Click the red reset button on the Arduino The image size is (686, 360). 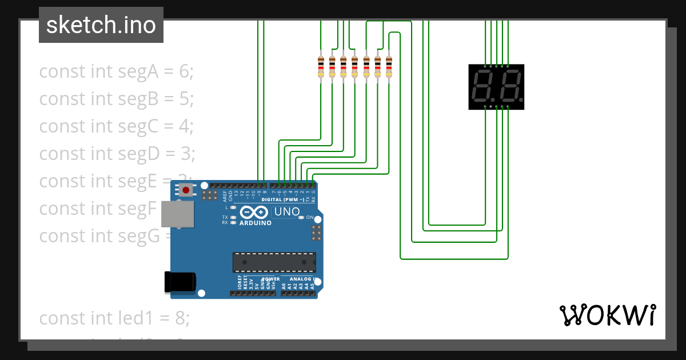tap(186, 189)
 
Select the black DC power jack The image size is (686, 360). tap(180, 282)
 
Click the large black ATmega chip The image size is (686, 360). tap(274, 262)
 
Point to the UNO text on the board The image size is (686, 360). tap(287, 212)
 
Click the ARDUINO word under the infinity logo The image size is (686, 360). tap(256, 223)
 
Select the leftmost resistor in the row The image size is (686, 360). tap(321, 67)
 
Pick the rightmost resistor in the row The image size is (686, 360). tap(389, 67)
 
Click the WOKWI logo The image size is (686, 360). tap(607, 315)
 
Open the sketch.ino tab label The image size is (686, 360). tap(101, 25)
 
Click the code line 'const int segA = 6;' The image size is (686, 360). tap(117, 71)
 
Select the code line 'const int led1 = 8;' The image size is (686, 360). tap(114, 318)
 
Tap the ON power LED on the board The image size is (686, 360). tap(302, 218)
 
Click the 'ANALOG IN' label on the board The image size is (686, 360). tap(300, 279)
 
